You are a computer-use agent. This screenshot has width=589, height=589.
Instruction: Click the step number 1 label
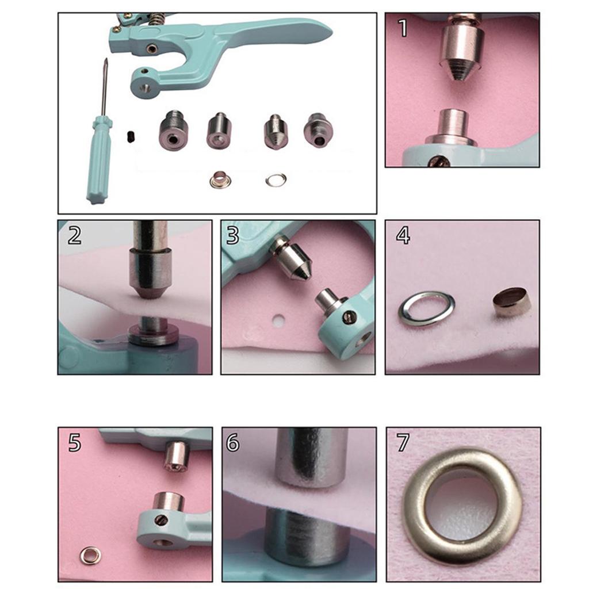coord(403,28)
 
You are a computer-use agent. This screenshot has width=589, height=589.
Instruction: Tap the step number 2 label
coord(74,235)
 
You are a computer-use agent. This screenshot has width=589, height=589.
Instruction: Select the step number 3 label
coord(233,235)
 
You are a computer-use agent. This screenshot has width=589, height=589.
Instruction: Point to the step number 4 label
coord(403,235)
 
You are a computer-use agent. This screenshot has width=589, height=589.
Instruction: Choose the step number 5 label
coord(74,442)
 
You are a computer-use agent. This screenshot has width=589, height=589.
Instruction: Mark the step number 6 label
coord(232,442)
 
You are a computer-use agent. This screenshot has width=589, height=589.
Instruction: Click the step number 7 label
coord(403,442)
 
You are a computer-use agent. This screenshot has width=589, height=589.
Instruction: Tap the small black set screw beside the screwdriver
coord(131,136)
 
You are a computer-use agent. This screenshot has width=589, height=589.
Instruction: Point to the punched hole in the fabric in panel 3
coord(278,320)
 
